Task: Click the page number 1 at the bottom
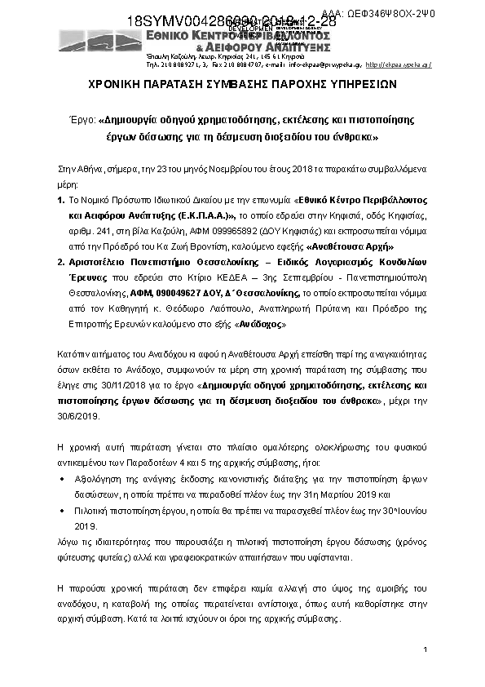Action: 425,649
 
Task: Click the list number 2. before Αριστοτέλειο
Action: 61,263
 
